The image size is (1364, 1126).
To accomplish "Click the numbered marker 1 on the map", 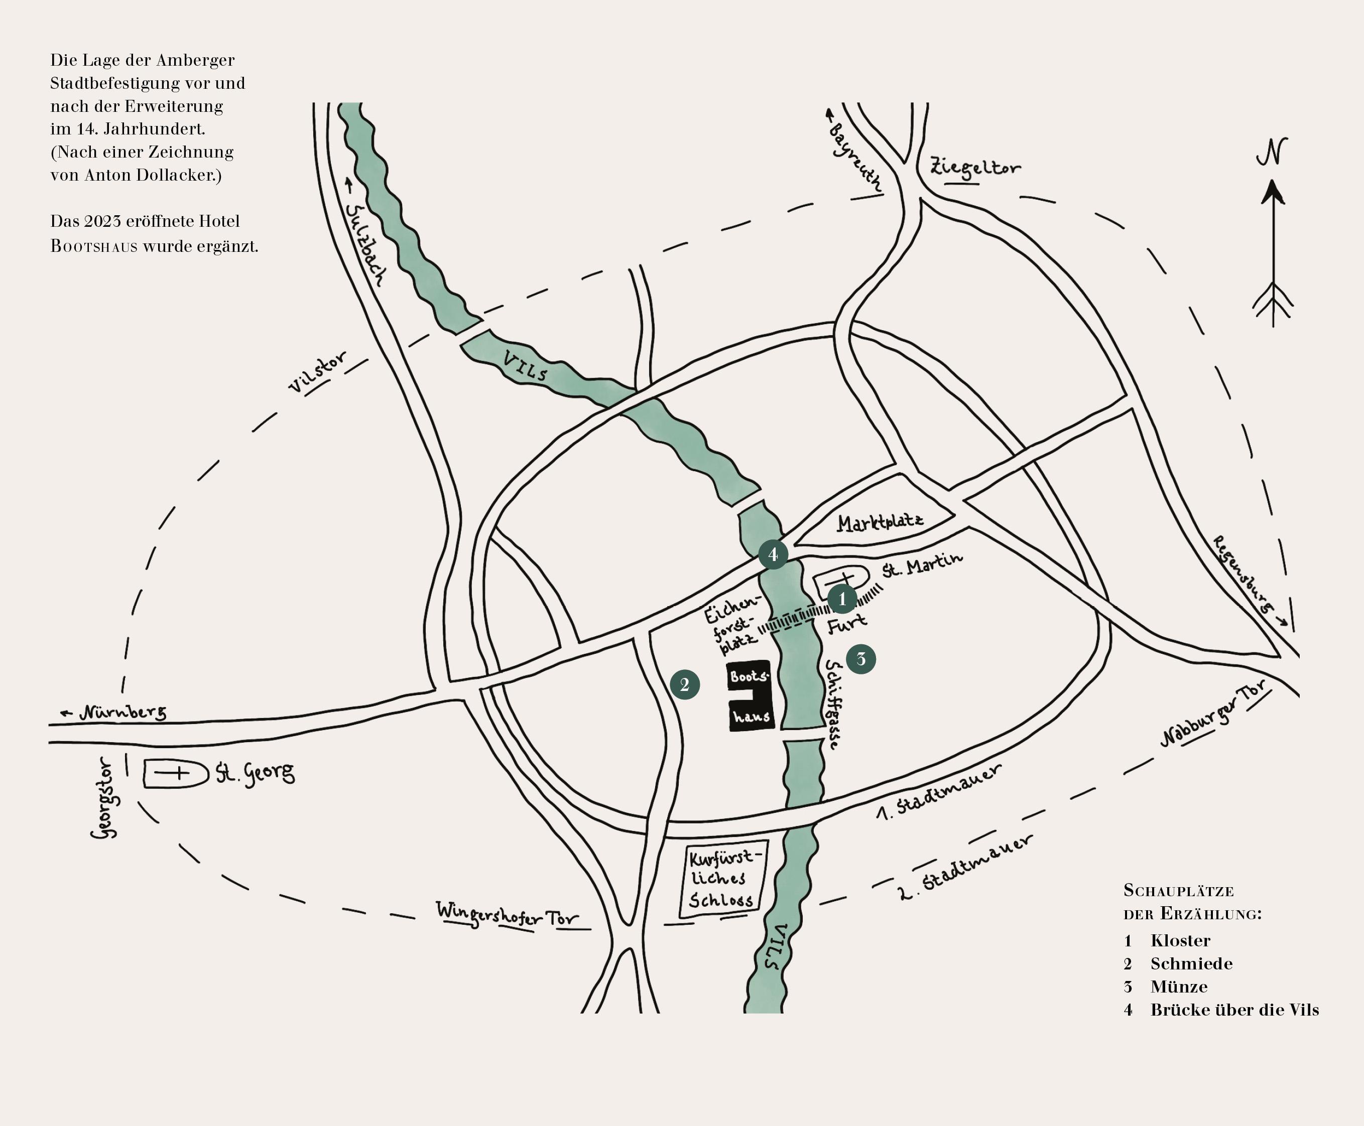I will tap(842, 599).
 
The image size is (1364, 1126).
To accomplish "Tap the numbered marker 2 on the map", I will tap(685, 684).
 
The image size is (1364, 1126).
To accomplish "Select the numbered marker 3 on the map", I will tap(861, 659).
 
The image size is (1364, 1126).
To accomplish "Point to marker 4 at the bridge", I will tap(773, 554).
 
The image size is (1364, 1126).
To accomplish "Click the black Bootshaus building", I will tap(750, 696).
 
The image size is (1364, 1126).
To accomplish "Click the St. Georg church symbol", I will tap(172, 773).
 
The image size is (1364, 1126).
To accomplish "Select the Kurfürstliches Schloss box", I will tap(721, 879).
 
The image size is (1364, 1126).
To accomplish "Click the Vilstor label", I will tap(317, 372).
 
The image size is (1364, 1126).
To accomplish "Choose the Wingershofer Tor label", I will tap(506, 915).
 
